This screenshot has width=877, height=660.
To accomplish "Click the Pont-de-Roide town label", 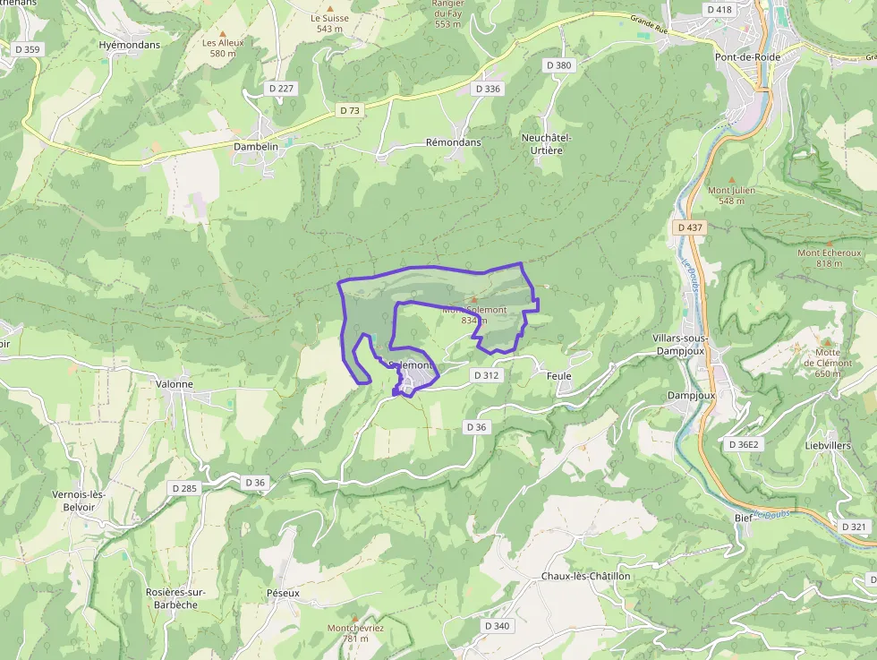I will (x=747, y=57).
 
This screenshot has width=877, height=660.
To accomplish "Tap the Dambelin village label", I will (x=256, y=146).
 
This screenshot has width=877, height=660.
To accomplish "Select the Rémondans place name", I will (x=453, y=142).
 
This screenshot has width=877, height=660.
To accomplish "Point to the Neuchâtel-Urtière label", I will (x=546, y=143).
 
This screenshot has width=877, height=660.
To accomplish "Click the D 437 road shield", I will (x=690, y=227).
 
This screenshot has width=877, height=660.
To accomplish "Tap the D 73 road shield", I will (x=350, y=110).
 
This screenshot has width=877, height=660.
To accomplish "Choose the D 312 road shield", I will (x=486, y=375).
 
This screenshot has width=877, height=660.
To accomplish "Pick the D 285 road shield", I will (x=183, y=488).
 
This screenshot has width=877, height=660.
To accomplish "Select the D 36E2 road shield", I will (x=743, y=445).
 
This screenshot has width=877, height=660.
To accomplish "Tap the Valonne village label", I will (x=175, y=384).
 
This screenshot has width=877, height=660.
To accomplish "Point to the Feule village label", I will (x=558, y=376).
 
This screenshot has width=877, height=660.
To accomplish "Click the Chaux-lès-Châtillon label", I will (x=585, y=576).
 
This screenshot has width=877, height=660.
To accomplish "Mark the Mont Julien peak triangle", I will (x=731, y=180).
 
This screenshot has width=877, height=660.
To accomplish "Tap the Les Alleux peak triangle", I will (x=223, y=33).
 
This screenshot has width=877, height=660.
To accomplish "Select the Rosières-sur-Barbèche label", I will (x=176, y=597).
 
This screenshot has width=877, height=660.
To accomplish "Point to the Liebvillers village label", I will (x=828, y=445).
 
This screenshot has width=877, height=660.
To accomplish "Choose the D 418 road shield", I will (x=719, y=10).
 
